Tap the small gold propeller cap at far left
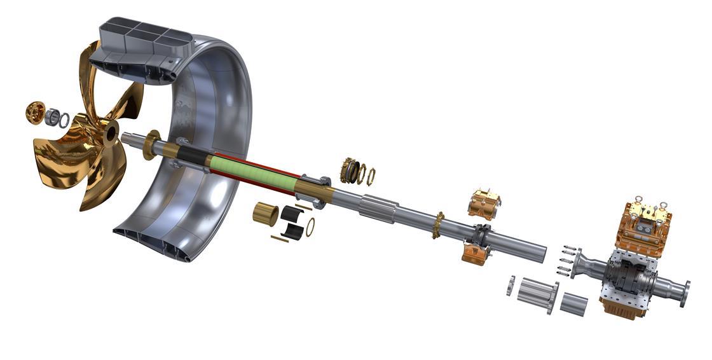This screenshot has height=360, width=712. click(x=34, y=111)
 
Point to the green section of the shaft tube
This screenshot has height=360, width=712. click(x=254, y=172)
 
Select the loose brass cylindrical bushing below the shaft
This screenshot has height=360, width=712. click(x=265, y=214)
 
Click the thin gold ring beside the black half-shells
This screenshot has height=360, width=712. click(x=310, y=226)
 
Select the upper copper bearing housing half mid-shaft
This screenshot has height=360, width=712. click(x=484, y=203)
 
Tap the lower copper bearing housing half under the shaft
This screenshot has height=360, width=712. click(x=476, y=251)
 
